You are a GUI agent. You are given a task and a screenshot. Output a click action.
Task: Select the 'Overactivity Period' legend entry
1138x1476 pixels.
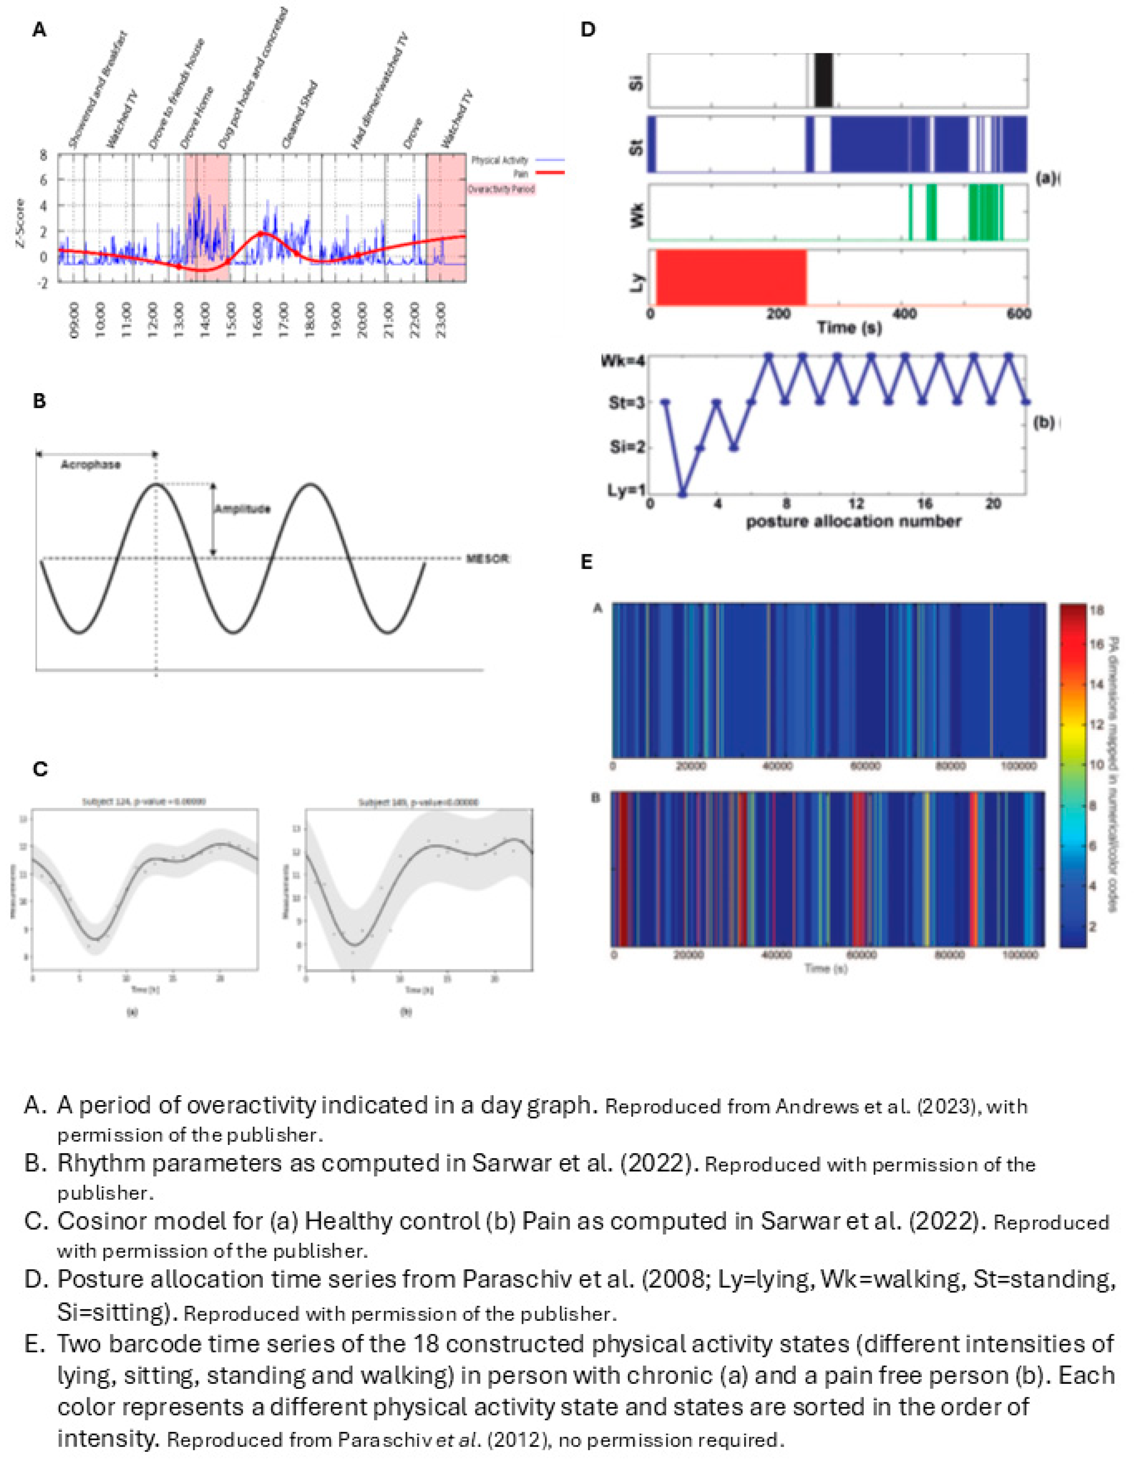[x=501, y=189]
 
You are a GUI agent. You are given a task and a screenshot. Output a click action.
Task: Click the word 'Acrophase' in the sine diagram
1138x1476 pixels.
[x=91, y=465]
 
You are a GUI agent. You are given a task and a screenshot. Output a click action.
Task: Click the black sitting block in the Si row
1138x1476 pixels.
[x=824, y=80]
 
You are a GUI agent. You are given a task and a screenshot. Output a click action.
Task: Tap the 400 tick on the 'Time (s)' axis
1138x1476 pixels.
[x=905, y=314]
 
